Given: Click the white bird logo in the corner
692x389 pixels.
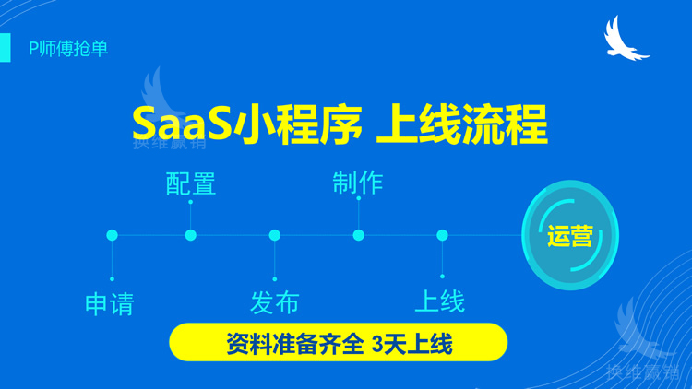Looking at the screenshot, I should tap(625, 40).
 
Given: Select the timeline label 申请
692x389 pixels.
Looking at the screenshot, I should tap(110, 303).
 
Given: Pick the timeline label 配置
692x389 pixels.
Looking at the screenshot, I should tap(191, 183).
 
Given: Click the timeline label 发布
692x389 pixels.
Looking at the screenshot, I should tap(274, 301).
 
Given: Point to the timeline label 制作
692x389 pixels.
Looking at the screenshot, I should tap(358, 182).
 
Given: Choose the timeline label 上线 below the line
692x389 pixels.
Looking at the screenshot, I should tap(439, 301).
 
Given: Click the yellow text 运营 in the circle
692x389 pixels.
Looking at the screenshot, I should tap(569, 236).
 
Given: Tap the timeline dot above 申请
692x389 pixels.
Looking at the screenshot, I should tap(113, 236).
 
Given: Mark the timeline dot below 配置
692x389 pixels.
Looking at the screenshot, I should tap(191, 236).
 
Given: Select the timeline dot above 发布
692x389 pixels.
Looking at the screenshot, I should tap(275, 236).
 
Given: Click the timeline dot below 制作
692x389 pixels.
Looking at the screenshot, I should tap(359, 236).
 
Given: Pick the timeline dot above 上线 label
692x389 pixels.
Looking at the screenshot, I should tap(443, 236).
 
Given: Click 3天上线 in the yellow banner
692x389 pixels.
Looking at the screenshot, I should tap(412, 344).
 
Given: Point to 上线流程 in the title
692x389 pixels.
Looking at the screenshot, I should tap(461, 124).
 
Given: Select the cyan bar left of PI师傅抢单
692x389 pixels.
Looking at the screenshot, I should tap(6, 48).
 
